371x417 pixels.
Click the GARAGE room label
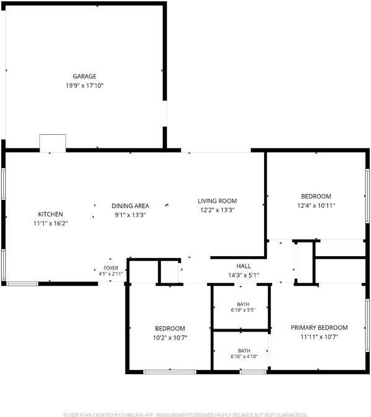point(85,76)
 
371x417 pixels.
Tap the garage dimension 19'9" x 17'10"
point(85,85)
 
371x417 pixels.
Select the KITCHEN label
point(51,214)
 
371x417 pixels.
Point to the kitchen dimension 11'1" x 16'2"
point(51,223)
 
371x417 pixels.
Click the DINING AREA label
point(130,206)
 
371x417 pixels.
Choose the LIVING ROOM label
point(218,201)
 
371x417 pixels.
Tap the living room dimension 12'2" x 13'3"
point(218,210)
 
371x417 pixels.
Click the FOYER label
point(111,268)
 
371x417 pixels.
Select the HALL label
point(244,266)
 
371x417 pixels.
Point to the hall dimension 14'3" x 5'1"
point(244,275)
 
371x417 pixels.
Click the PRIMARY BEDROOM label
point(319,328)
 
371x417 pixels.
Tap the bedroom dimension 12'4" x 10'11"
point(316,205)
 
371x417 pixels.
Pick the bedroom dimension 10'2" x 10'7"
point(170,338)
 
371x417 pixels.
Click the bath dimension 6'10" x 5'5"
point(243,310)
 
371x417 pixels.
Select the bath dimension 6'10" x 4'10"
point(244,356)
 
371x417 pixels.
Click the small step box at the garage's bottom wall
point(53,144)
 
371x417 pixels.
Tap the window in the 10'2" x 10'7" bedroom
point(170,372)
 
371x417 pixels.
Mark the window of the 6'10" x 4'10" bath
point(253,372)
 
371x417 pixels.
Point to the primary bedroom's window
point(367,325)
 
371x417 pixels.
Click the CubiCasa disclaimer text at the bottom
point(185,415)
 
